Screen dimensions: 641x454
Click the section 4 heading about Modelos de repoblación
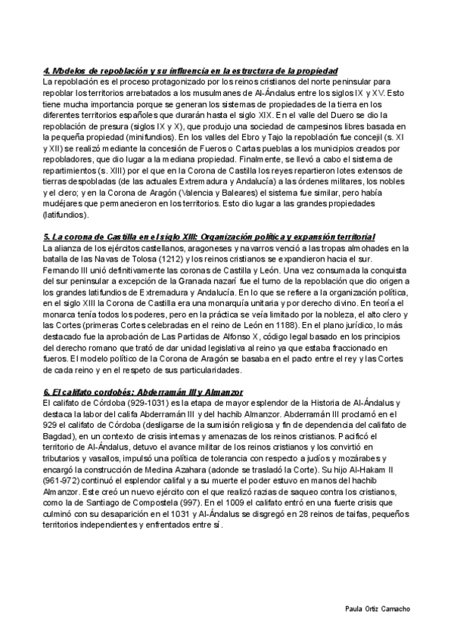[190, 70]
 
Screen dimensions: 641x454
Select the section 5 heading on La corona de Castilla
[214, 237]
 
